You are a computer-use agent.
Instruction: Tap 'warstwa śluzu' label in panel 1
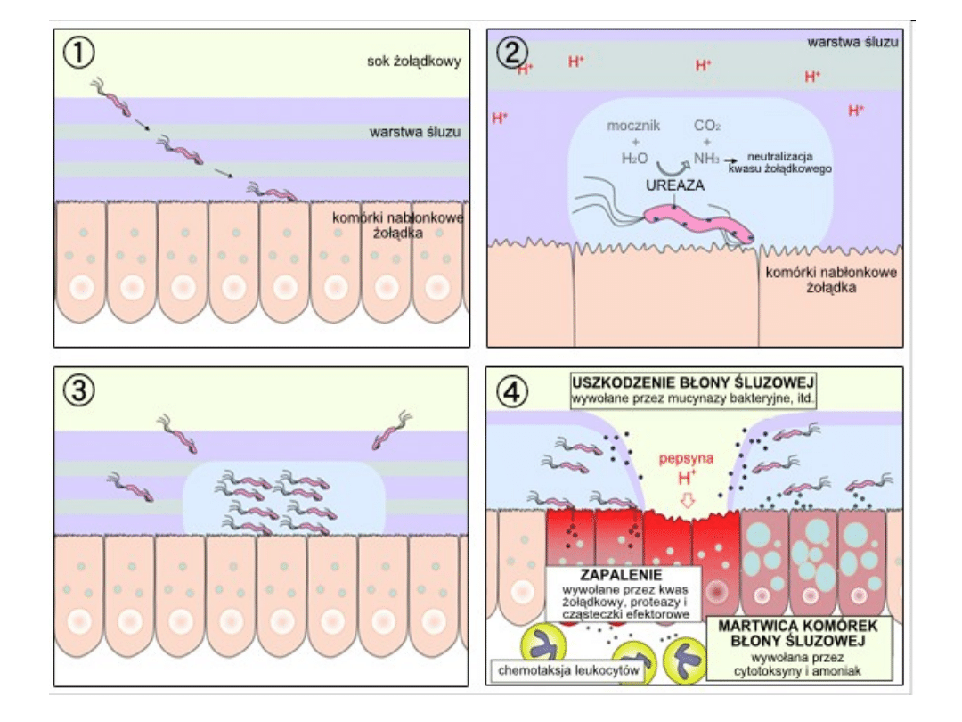pos(415,133)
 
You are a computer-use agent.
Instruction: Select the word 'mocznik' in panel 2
pos(633,127)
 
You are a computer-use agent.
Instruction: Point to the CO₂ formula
pos(707,127)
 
